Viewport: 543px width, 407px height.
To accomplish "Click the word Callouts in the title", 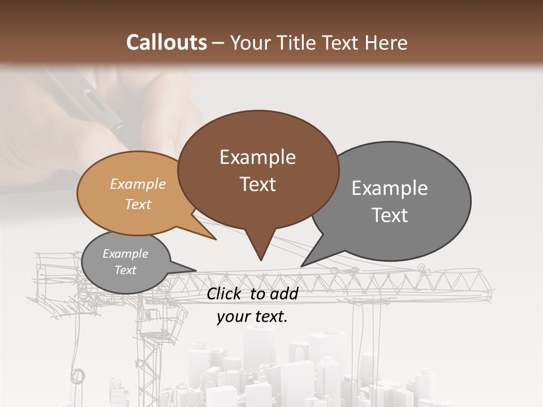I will tap(166, 42).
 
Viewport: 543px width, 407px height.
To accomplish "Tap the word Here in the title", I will tap(386, 42).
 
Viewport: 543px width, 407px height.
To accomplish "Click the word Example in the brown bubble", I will tap(257, 157).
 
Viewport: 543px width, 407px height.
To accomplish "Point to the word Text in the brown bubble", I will tap(257, 184).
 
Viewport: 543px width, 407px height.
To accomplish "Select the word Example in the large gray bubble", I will tap(389, 188).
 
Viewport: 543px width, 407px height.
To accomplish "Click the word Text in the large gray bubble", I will tap(389, 215).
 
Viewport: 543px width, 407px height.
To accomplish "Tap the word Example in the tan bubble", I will tap(137, 184).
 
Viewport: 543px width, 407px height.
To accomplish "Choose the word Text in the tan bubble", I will tap(137, 204).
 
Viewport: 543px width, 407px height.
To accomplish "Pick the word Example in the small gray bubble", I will tap(125, 254).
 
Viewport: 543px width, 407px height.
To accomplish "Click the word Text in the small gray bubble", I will tap(125, 270).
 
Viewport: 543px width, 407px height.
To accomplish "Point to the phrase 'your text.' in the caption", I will tap(252, 317).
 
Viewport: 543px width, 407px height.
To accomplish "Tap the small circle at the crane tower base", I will tap(77, 375).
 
